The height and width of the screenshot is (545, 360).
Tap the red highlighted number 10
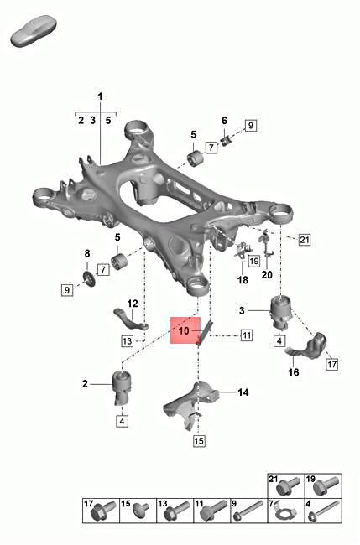tap(183, 331)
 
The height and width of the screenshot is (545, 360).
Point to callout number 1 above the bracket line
tap(100, 98)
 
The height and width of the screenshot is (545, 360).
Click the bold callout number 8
tap(86, 253)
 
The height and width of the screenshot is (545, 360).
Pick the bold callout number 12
tap(132, 304)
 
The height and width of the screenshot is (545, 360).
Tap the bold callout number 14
tap(243, 392)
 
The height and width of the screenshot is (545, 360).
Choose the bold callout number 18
tap(243, 281)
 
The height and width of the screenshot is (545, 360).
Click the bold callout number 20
tap(267, 274)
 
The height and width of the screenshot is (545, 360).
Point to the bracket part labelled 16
tap(306, 348)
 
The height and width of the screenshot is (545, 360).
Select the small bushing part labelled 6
tap(225, 138)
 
